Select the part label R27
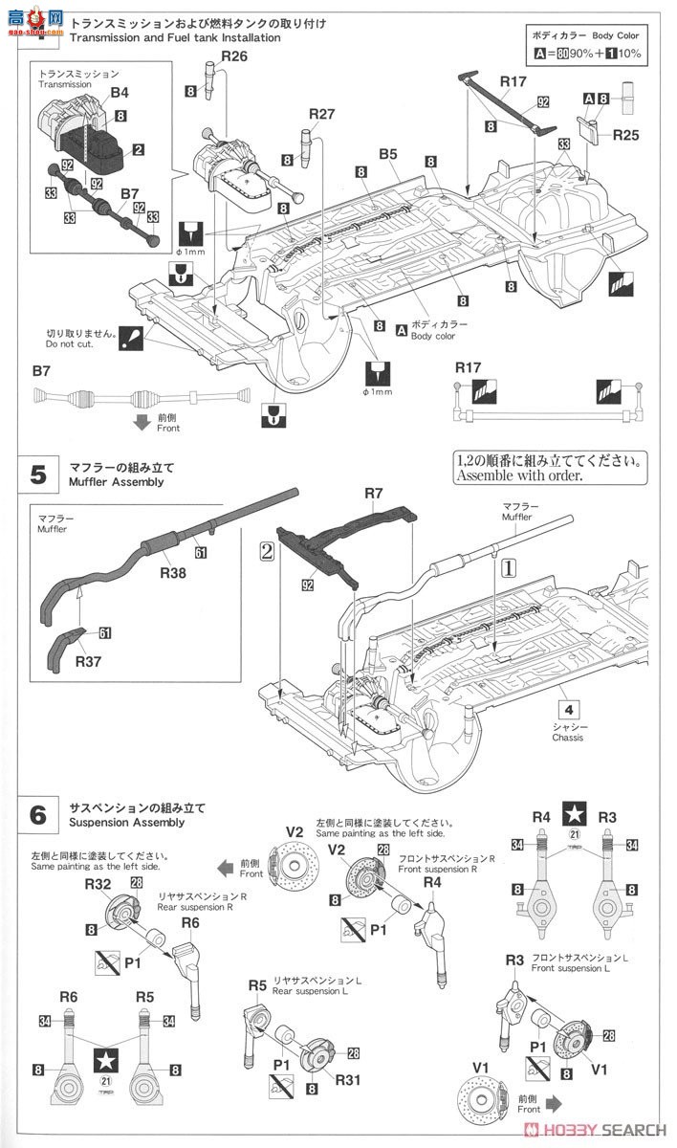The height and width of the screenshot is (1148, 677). click(321, 113)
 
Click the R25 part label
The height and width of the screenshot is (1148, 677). click(626, 136)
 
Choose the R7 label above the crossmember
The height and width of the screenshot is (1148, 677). click(373, 493)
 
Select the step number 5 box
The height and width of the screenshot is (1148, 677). click(38, 475)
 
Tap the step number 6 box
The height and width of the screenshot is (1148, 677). click(38, 814)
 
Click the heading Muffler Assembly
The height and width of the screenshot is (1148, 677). click(116, 482)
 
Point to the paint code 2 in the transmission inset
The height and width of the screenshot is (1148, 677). click(139, 149)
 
